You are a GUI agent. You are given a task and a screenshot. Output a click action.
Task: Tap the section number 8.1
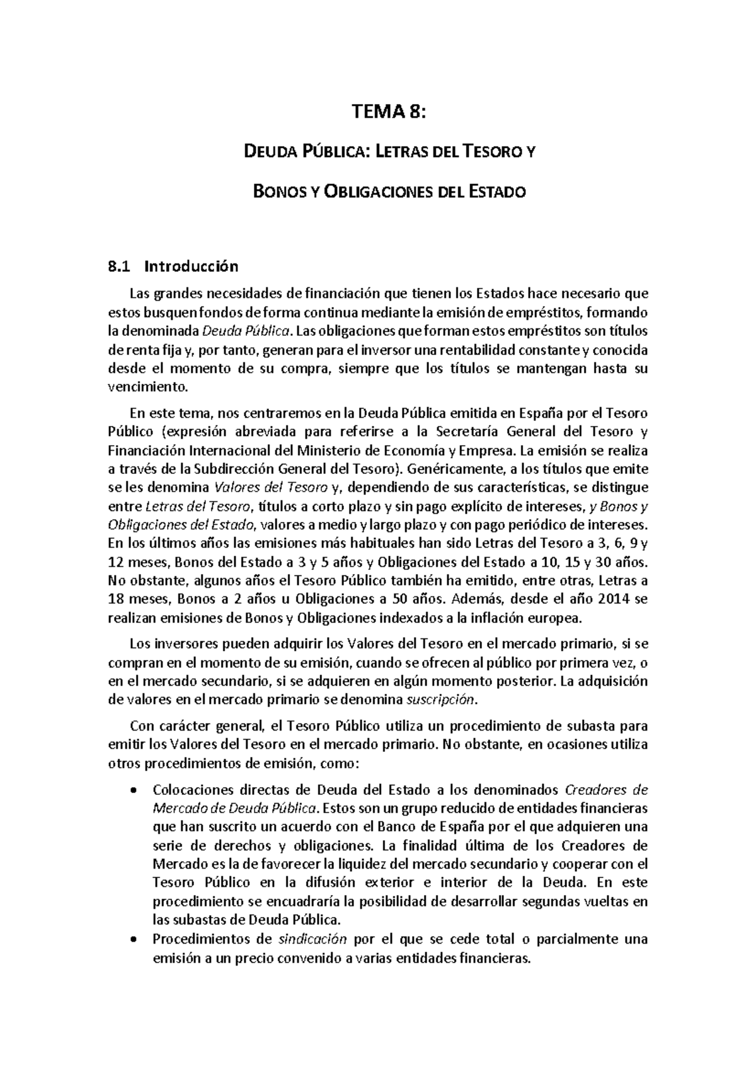(118, 267)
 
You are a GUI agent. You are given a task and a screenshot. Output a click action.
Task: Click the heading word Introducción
(192, 267)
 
